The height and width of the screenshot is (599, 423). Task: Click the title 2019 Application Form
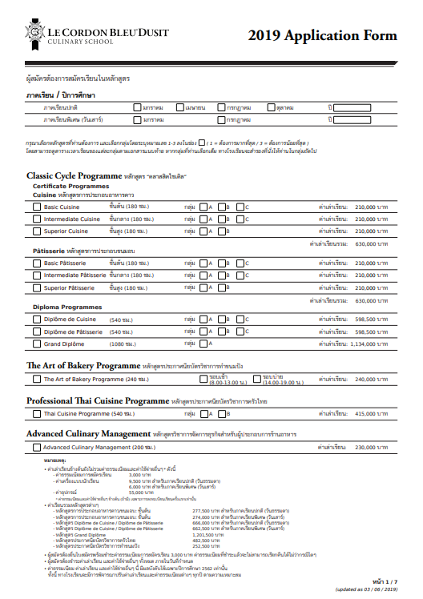[322, 35]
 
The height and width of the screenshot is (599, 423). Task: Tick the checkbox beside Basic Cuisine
[37, 207]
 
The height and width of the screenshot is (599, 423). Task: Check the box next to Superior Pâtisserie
[37, 287]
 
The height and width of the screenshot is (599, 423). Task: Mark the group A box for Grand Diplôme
[203, 344]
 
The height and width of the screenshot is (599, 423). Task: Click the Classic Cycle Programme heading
[75, 175]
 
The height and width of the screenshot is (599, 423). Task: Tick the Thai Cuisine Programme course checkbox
[37, 414]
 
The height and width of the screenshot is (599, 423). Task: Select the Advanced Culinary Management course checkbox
[37, 447]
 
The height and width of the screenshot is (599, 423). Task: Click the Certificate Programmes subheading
[70, 186]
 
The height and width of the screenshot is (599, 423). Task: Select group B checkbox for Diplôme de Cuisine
[222, 319]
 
